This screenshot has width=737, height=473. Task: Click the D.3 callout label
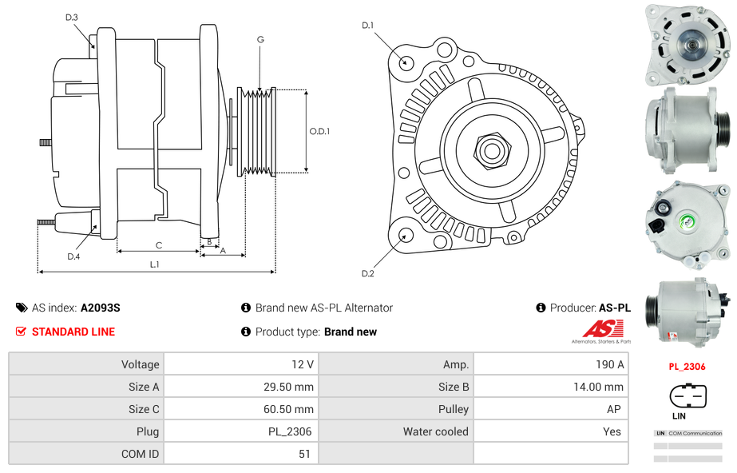[72, 17]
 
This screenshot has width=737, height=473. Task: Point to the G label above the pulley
[260, 39]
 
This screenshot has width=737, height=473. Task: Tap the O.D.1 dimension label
[319, 131]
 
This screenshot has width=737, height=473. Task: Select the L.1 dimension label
[155, 264]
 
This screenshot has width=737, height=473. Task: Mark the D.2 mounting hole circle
[406, 235]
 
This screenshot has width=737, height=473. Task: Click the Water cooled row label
[435, 431]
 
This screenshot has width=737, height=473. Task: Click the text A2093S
[100, 308]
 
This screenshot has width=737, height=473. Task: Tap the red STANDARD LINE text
[73, 332]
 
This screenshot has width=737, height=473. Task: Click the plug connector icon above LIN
[687, 395]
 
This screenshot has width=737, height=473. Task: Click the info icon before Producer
[541, 308]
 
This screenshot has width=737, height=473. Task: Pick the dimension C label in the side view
[158, 245]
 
